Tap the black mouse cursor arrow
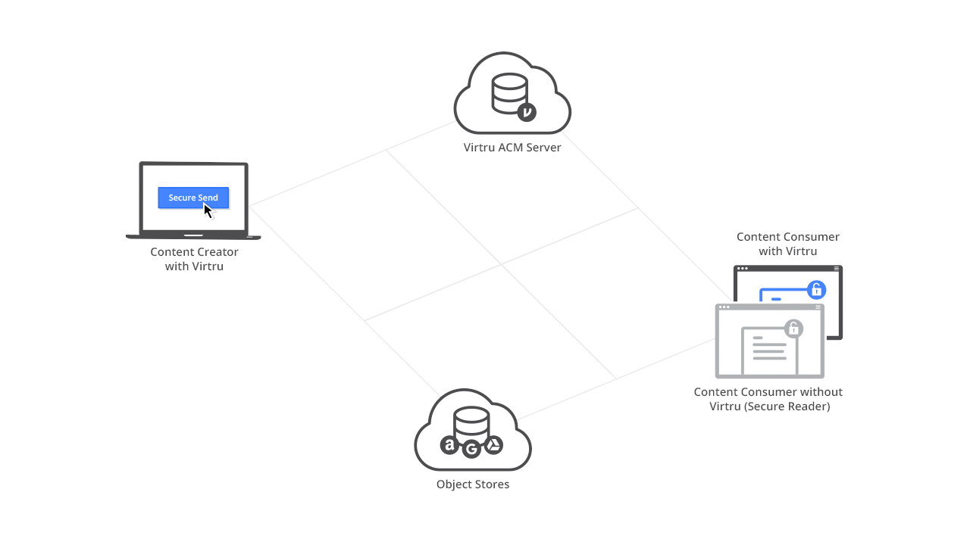[208, 210]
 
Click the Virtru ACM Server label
[512, 148]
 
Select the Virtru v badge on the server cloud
[527, 112]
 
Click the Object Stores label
[473, 484]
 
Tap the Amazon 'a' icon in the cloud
[450, 445]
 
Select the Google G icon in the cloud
[472, 450]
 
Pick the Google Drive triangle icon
[493, 445]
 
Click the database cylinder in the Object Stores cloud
[471, 422]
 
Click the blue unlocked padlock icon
[816, 289]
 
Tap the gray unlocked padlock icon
[793, 328]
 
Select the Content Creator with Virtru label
[194, 259]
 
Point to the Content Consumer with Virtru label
[788, 244]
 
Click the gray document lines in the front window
[769, 351]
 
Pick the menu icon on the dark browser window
[836, 269]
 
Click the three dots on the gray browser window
[724, 307]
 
